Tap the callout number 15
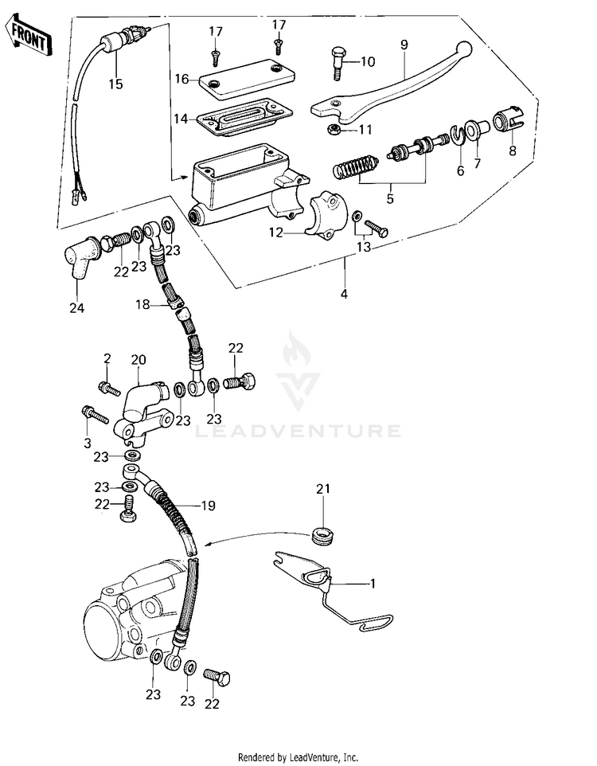pyautogui.click(x=115, y=83)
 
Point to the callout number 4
pyautogui.click(x=344, y=294)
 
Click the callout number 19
pyautogui.click(x=208, y=505)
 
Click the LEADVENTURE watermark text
pyautogui.click(x=298, y=431)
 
